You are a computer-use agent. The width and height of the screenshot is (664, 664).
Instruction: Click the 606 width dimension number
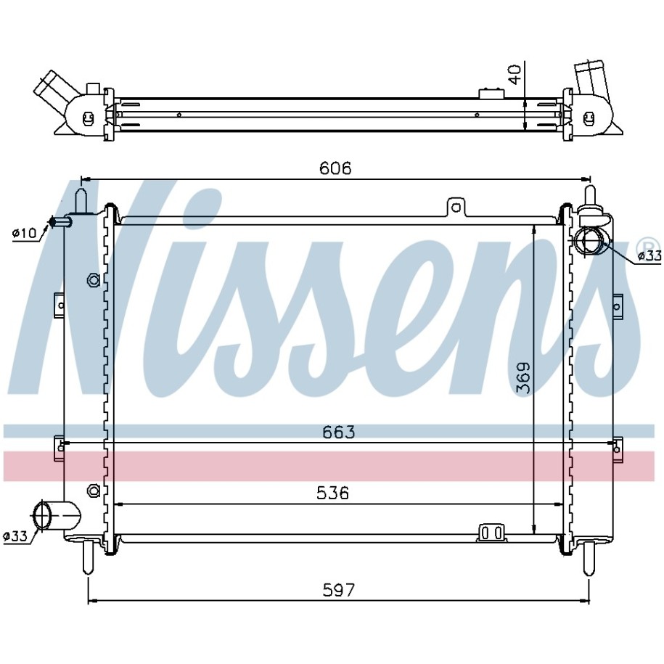coord(335,168)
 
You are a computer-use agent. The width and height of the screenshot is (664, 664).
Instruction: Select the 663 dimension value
coord(339,433)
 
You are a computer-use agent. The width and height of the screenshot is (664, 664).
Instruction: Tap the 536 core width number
coord(333,493)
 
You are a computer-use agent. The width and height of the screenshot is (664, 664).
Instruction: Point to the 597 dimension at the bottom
coord(339,589)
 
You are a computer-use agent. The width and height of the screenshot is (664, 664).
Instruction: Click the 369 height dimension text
coord(524,378)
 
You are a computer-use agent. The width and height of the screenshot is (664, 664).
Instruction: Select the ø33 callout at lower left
coord(15,536)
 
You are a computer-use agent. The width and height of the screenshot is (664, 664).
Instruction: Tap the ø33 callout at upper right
coord(649,255)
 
